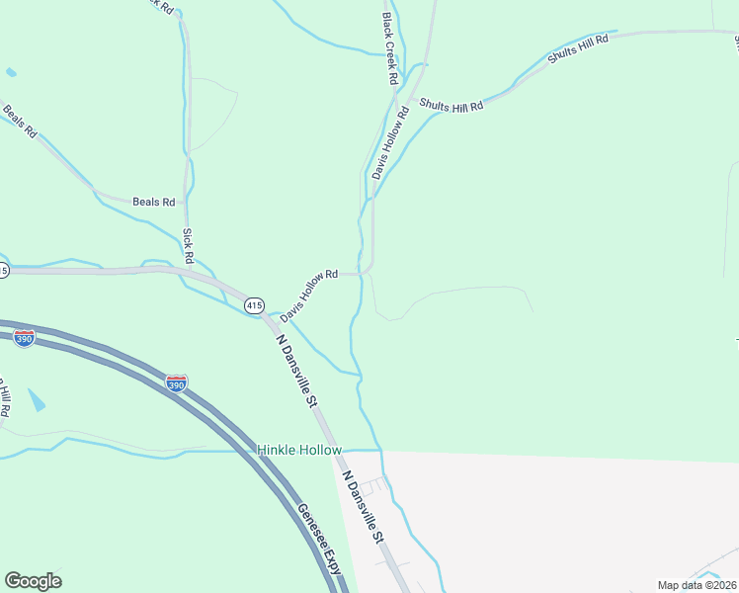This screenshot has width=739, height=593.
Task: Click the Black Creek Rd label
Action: [390, 47]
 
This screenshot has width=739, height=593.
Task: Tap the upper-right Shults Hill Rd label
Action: [578, 46]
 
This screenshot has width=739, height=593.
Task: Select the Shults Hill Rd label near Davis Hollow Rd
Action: [451, 104]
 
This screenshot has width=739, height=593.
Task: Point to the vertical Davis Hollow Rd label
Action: [389, 144]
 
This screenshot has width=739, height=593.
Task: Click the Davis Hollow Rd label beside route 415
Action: [308, 296]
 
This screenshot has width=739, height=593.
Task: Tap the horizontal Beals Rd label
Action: [153, 202]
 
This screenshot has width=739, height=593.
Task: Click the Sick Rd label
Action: [187, 246]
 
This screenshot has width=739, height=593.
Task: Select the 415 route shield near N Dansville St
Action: [254, 305]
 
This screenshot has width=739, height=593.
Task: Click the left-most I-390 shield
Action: [25, 338]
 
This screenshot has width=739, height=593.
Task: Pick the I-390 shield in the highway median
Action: [176, 382]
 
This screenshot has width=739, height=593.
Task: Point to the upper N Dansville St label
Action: [295, 372]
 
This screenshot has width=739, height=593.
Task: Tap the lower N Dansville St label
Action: [363, 507]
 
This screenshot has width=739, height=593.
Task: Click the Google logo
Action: [33, 581]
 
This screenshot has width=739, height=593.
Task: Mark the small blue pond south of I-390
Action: [37, 400]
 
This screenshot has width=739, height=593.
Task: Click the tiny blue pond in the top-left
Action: [11, 72]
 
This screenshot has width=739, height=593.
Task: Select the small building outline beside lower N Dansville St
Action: [366, 487]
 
